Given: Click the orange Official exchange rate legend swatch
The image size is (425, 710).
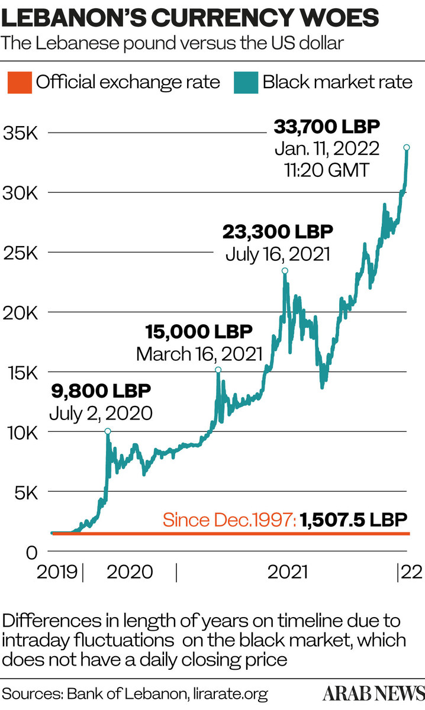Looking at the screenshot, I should coord(18,81).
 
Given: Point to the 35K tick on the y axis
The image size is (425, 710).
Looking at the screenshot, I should coord(20,132).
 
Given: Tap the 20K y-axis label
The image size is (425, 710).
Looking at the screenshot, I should coord(20,312).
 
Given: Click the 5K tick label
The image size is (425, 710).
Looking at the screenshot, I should coord(25,492).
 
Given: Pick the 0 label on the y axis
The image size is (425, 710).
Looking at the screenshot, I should coord(31,552).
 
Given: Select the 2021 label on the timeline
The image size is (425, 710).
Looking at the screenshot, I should coord(287,572).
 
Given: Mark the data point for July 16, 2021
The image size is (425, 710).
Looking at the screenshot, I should coord(285,270).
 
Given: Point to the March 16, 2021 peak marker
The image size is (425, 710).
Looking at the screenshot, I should coord(218,370).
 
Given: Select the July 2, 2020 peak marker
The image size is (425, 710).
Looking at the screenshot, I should coord(107,431).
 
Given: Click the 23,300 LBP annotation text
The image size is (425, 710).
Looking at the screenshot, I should coord(278,230).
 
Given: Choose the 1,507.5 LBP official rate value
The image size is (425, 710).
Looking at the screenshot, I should coord(353,520).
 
